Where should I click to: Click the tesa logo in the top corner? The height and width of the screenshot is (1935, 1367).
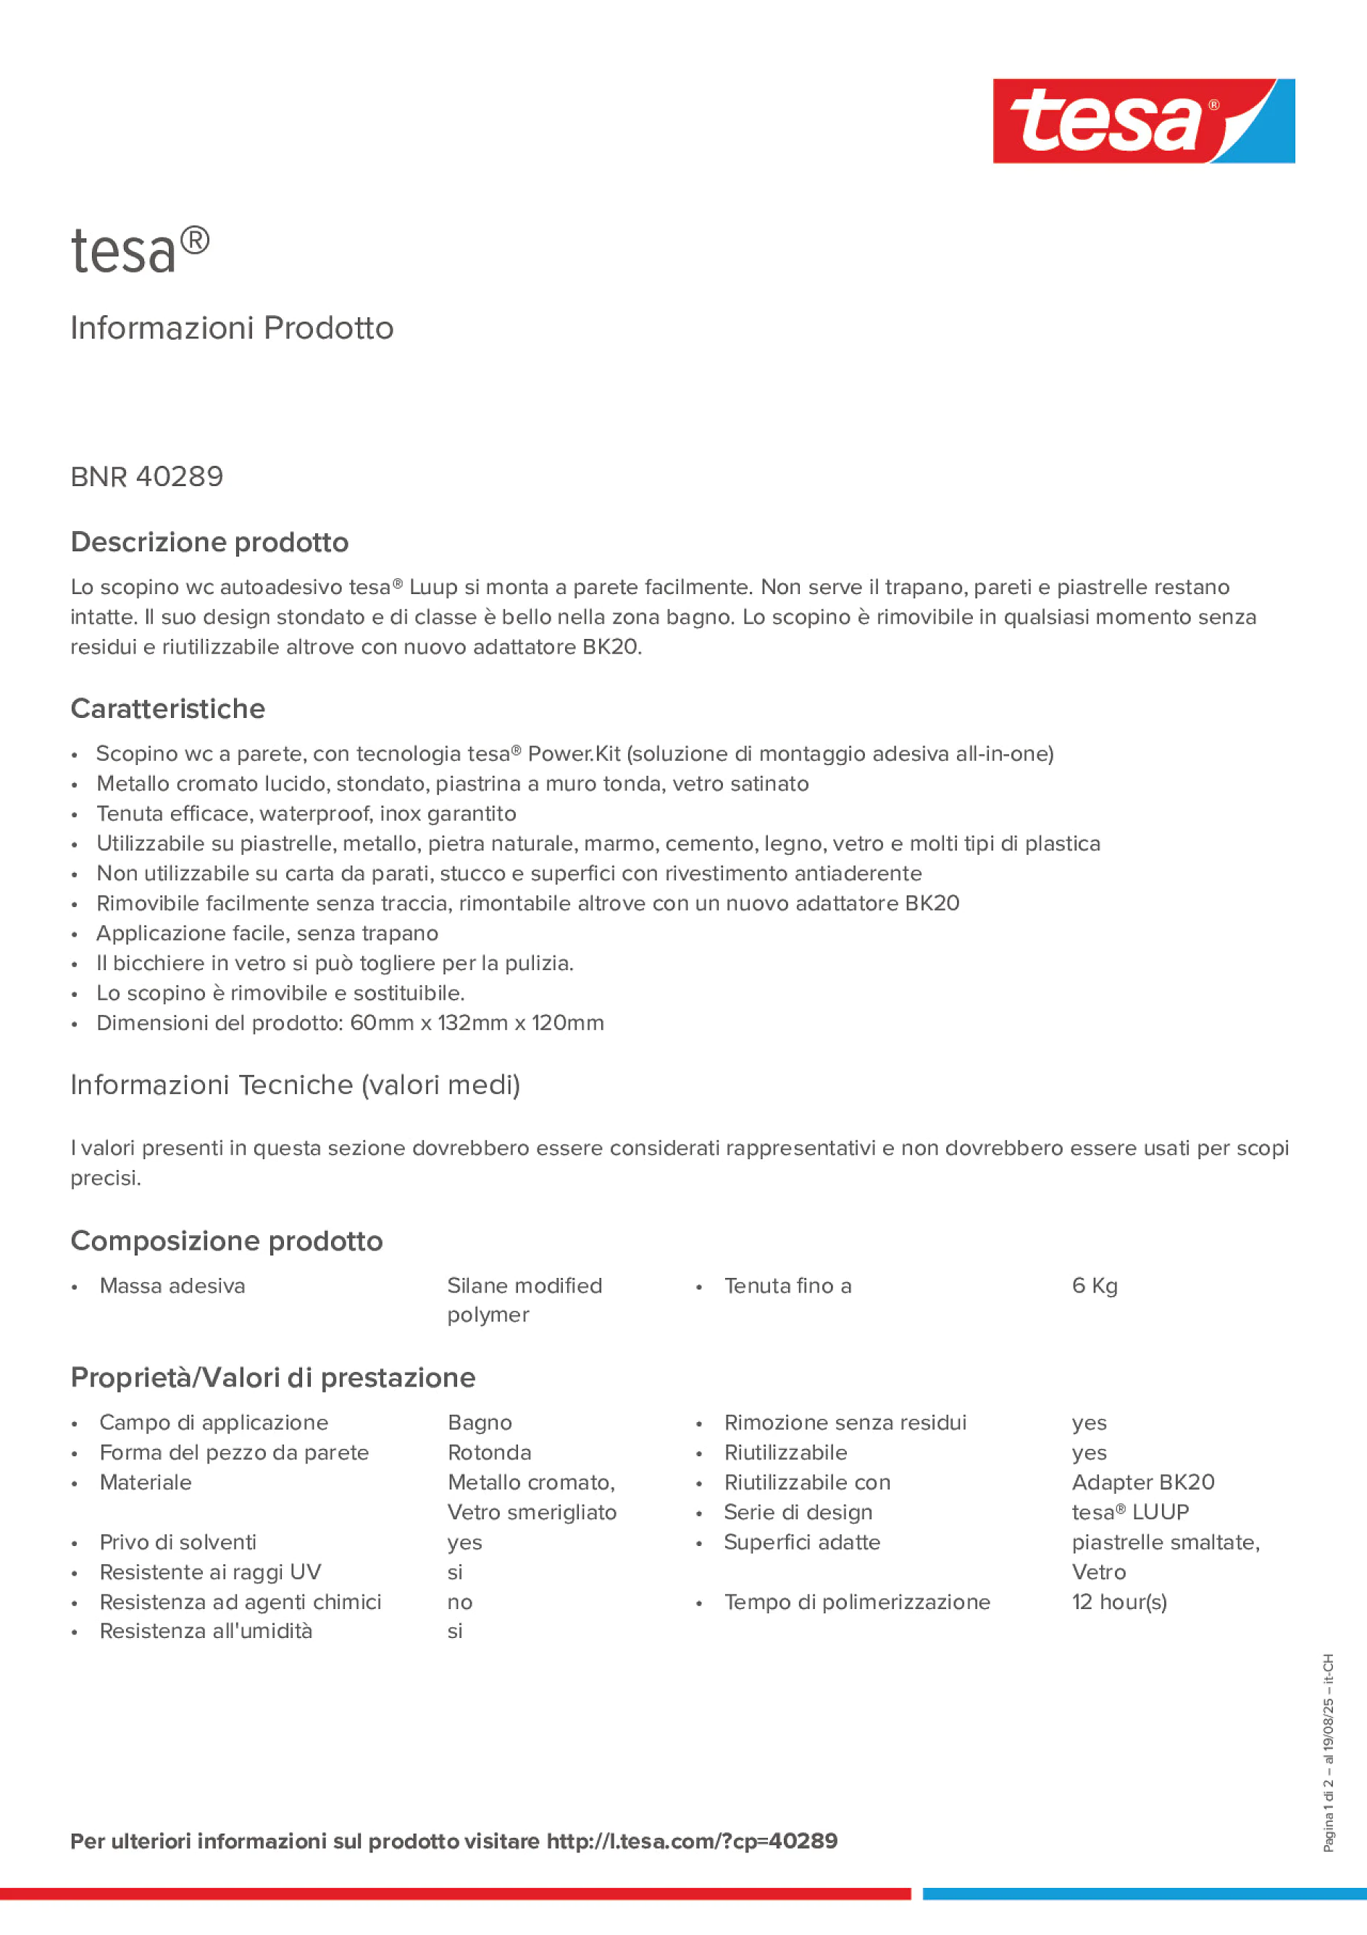point(1143,120)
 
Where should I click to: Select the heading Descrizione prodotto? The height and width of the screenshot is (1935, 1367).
point(209,542)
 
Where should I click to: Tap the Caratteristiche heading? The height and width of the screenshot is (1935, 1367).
point(168,709)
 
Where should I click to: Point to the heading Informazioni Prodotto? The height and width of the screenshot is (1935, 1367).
point(232,328)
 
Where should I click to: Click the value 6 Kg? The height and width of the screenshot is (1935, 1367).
point(1094,1286)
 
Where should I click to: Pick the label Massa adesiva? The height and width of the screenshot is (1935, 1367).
point(172,1286)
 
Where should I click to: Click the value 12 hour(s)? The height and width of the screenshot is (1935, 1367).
point(1119,1602)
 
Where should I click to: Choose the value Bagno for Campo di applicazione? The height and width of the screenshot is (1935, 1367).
point(480,1423)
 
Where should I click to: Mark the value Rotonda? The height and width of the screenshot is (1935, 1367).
point(489,1453)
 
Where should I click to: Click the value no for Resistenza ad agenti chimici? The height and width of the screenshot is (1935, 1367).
point(459,1602)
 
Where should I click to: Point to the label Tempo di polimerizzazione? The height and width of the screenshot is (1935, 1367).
point(856,1602)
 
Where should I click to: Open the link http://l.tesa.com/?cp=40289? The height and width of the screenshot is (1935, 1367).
point(691,1841)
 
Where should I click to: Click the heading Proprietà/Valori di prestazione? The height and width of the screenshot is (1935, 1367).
point(273,1378)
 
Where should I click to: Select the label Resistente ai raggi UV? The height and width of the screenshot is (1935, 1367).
point(210,1573)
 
